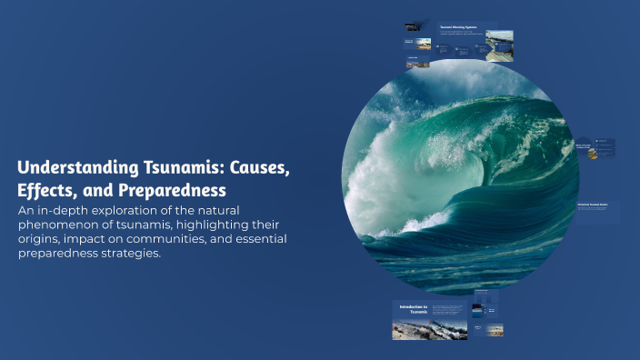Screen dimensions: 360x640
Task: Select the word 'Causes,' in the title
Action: [x=259, y=168]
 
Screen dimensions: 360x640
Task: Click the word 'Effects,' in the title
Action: [x=46, y=192]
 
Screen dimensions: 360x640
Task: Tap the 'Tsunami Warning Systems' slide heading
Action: [x=460, y=27]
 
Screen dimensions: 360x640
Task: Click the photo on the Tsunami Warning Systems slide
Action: [x=498, y=45]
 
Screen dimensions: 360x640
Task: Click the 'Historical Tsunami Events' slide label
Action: [x=596, y=205]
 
